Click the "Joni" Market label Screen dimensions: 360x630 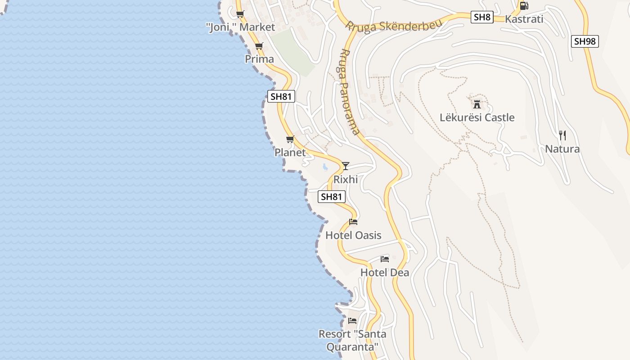pos(240,27)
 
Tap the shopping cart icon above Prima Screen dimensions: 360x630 pos(259,46)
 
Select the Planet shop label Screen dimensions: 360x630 pos(290,153)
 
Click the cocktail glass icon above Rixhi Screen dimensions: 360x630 pos(345,166)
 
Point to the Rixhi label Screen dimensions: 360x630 pos(346,180)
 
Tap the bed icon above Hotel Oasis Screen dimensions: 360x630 pos(353,221)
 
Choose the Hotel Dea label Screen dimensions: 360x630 pos(385,273)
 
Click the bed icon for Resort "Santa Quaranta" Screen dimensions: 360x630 pos(352,321)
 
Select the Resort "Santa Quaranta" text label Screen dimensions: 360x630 pos(352,341)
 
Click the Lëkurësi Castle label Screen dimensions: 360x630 pos(477,118)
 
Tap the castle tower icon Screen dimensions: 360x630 pos(477,104)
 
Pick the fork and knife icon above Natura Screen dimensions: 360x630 pos(562,135)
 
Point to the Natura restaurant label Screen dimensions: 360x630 pos(562,149)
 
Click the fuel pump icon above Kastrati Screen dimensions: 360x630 pos(524,6)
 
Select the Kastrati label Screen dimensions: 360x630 pos(524,19)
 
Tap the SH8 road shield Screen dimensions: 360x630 pos(482,18)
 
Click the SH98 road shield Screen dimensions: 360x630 pos(585,41)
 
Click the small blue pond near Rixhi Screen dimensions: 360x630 pos(325,167)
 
